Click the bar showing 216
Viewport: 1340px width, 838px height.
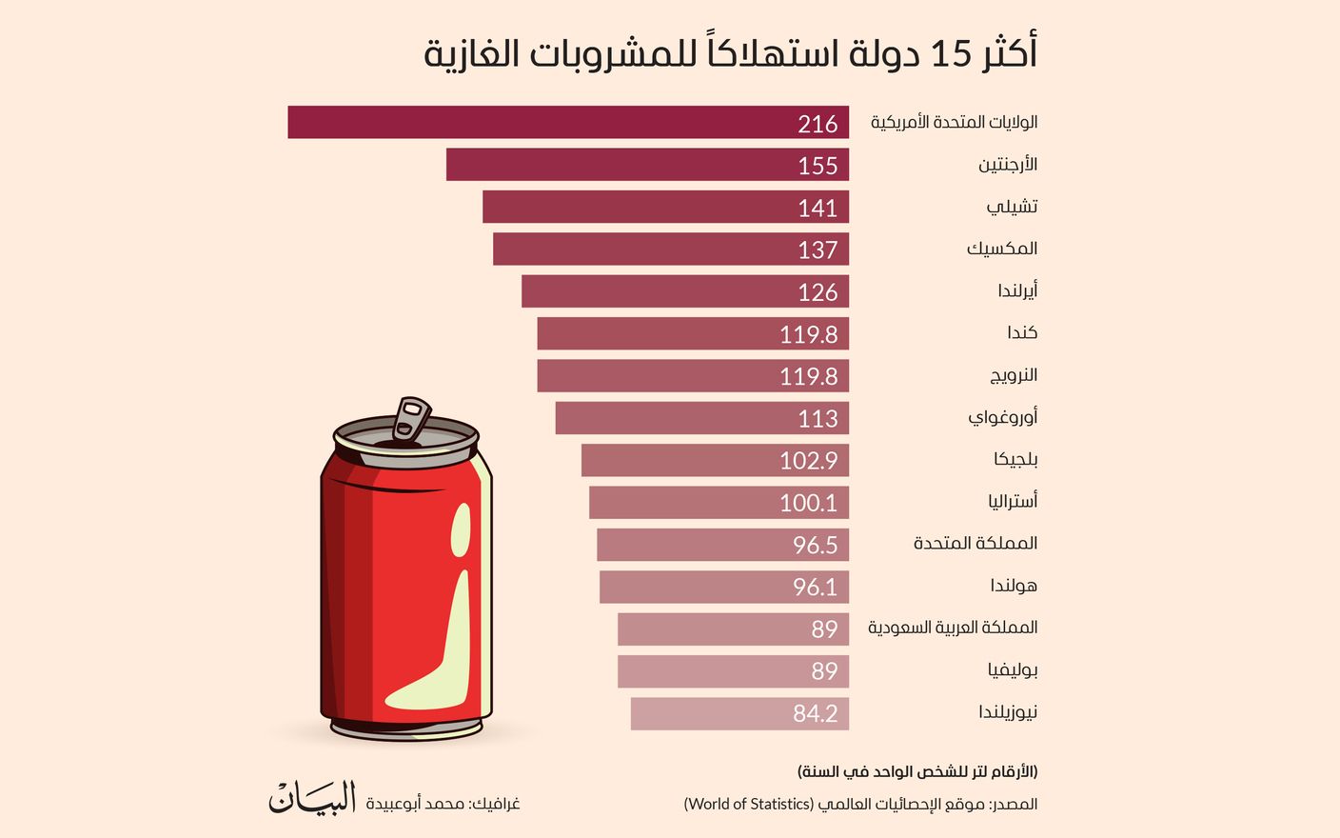(568, 123)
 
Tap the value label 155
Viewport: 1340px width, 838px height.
(818, 166)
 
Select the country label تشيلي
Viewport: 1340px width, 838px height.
(1012, 207)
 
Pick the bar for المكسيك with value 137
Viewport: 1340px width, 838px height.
(670, 249)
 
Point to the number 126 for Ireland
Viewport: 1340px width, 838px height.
(818, 292)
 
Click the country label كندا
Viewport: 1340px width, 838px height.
(1022, 332)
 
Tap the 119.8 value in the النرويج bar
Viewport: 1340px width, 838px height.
(808, 376)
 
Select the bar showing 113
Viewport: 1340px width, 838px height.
(701, 418)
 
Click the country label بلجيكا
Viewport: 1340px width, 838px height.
(1015, 459)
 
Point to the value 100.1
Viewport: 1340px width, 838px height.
(808, 503)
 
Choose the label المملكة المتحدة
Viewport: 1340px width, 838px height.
(975, 543)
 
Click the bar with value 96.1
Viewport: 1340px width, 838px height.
(723, 587)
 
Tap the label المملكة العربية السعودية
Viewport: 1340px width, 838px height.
(953, 628)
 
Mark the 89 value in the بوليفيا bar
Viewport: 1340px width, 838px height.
(824, 671)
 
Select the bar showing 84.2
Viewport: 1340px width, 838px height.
(739, 713)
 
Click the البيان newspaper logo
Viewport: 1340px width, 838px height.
(312, 799)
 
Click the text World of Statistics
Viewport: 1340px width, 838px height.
(748, 804)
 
